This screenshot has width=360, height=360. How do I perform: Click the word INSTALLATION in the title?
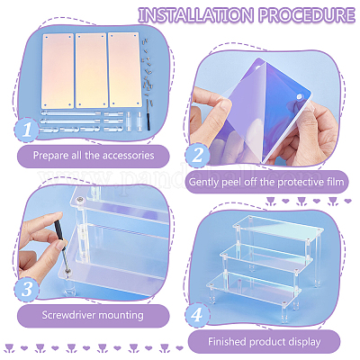tap(188, 15)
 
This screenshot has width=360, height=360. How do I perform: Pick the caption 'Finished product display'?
tap(267, 341)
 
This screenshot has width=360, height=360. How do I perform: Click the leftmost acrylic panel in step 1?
tap(56, 70)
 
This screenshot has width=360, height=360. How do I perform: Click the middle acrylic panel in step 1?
tap(90, 70)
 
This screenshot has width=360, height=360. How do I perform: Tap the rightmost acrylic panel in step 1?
tap(122, 70)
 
